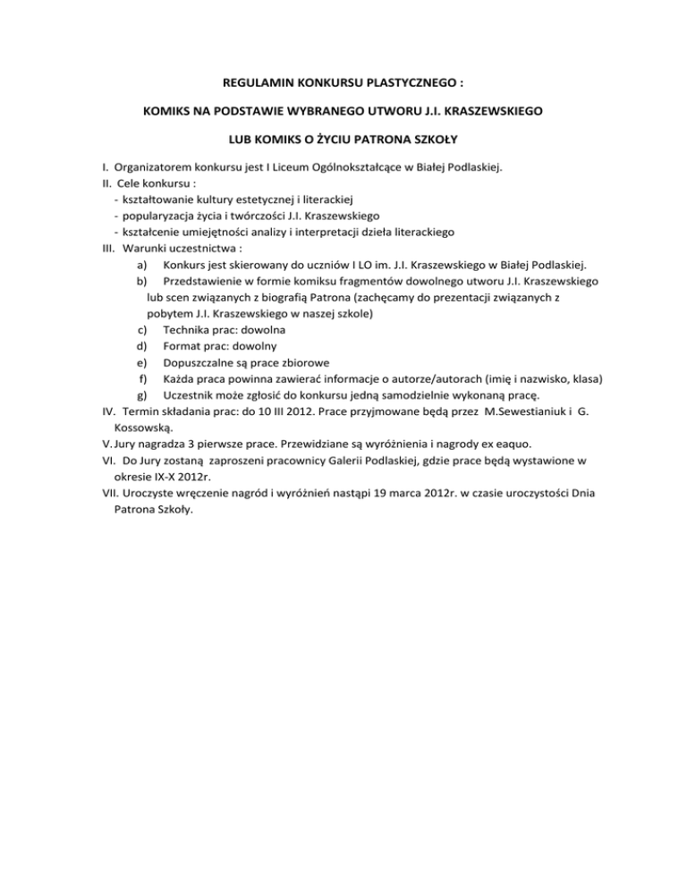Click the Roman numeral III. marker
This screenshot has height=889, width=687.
(x=106, y=248)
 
